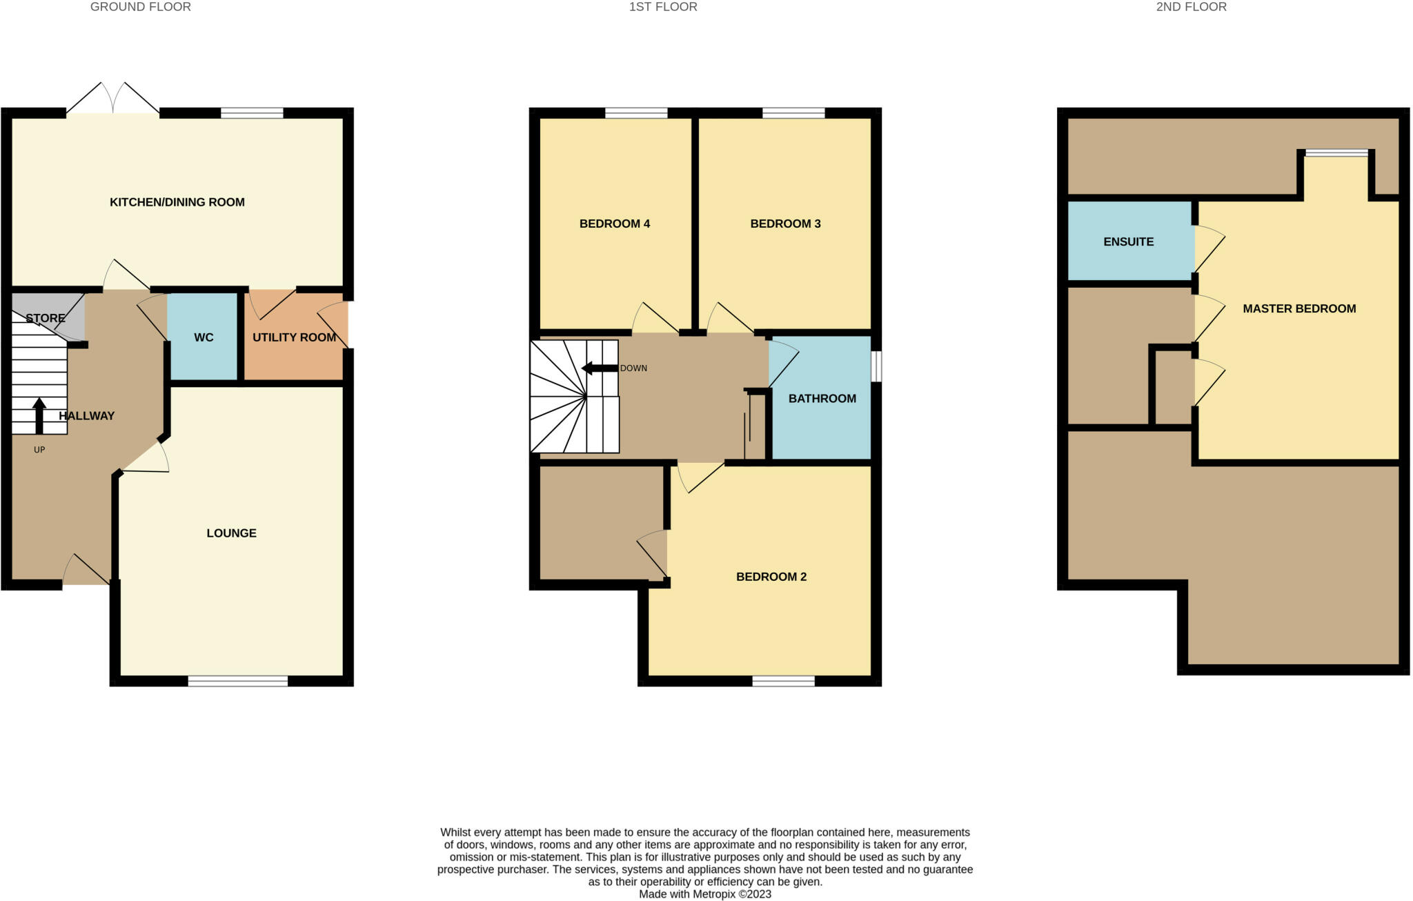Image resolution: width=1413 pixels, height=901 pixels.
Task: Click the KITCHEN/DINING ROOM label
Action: tap(177, 202)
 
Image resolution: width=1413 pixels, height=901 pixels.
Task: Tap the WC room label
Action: tap(204, 337)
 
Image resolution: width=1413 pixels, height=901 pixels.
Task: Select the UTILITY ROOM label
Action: tap(294, 337)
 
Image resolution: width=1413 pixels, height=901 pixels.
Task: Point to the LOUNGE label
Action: tap(231, 533)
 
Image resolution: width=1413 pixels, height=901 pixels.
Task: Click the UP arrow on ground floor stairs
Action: tap(39, 415)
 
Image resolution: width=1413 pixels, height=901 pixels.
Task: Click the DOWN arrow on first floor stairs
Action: tap(600, 368)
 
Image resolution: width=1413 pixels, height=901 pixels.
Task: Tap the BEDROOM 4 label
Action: tap(614, 224)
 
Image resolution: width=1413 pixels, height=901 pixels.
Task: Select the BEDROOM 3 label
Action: tap(785, 224)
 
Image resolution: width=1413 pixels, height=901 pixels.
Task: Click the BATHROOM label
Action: tap(822, 399)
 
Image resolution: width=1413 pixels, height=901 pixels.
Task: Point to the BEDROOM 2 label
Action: tap(771, 577)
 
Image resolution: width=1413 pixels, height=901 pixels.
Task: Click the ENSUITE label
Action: tap(1128, 242)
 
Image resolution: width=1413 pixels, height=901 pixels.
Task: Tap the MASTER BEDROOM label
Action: tap(1299, 309)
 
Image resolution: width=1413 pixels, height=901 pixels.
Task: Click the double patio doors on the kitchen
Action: tap(113, 99)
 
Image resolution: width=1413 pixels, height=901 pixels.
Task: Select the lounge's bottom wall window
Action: tap(237, 682)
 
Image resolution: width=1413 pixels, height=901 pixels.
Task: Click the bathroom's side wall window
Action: tap(876, 367)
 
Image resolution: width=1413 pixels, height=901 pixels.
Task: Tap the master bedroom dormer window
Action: tap(1336, 153)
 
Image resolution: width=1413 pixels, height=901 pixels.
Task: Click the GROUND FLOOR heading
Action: tap(141, 7)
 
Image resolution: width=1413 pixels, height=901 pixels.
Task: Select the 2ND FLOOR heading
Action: tap(1200, 7)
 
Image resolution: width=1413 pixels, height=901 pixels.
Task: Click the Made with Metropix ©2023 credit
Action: tap(704, 894)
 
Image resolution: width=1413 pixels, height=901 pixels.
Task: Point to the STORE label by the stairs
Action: tap(46, 319)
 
